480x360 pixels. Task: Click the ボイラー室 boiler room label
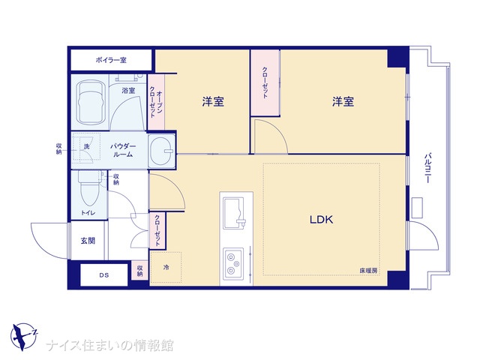(111, 60)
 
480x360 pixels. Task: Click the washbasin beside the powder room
(162, 151)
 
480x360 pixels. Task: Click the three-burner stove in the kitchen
(233, 263)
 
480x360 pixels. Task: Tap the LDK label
(321, 220)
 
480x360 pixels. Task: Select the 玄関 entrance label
(88, 241)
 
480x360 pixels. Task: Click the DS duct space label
(104, 275)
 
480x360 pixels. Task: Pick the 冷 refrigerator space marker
(166, 268)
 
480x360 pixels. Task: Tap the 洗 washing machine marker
(87, 146)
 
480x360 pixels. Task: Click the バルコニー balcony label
(427, 168)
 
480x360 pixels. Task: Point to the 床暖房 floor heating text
(368, 271)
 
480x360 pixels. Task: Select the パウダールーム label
(123, 150)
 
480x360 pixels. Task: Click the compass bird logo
(23, 337)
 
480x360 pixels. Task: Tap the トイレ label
(88, 213)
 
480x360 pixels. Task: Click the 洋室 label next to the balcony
(343, 102)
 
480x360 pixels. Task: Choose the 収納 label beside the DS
(139, 270)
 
